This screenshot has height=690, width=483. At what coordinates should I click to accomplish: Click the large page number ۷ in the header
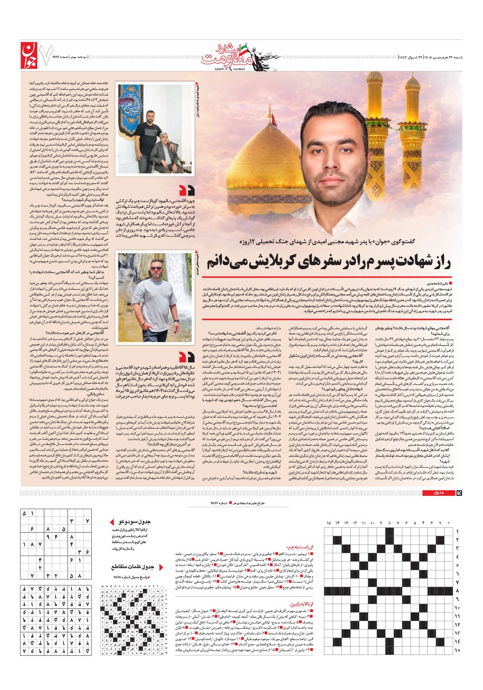click(44, 55)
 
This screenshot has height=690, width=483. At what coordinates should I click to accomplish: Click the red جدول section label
click(438, 493)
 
